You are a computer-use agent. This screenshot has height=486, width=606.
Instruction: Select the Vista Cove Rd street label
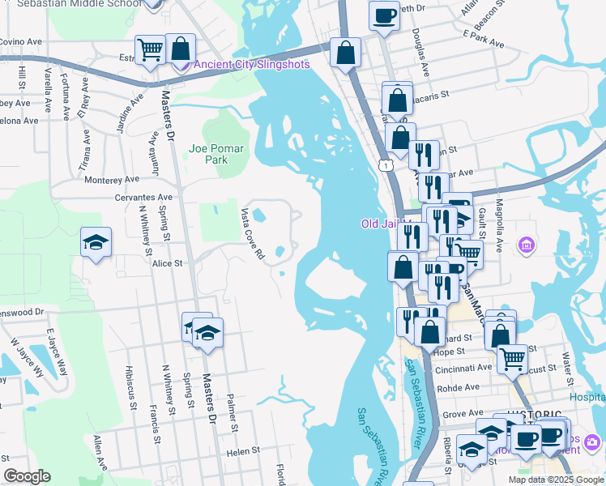pyautogui.click(x=252, y=233)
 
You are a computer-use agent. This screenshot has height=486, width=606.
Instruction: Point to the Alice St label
pyautogui.click(x=167, y=263)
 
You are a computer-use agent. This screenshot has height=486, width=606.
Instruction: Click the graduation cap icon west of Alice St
pyautogui.click(x=96, y=241)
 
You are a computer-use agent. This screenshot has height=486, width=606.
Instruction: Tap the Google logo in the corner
pyautogui.click(x=27, y=476)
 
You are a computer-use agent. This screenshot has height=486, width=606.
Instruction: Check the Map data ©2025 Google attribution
pyautogui.click(x=556, y=480)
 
